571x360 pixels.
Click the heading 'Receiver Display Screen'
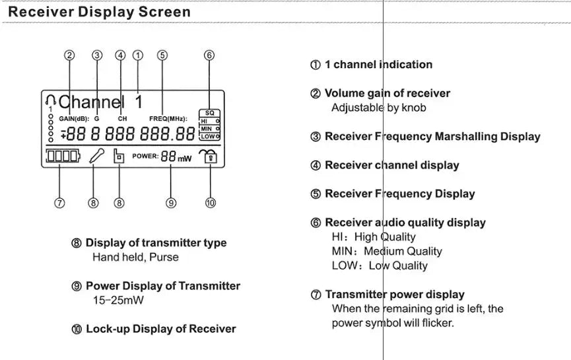click(x=100, y=12)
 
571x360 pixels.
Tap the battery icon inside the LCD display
click(x=61, y=157)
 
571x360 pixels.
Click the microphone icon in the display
click(x=96, y=157)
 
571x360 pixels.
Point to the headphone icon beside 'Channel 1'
click(x=51, y=101)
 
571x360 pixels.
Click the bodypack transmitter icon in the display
click(x=119, y=157)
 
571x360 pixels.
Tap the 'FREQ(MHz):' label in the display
click(x=168, y=119)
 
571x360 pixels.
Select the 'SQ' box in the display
click(x=209, y=113)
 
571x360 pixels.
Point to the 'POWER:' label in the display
click(x=145, y=157)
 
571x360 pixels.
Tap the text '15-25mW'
click(x=118, y=301)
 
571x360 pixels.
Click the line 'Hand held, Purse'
click(x=135, y=257)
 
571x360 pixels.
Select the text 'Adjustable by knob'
click(x=379, y=108)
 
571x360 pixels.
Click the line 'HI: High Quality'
click(x=374, y=237)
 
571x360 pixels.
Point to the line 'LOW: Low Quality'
click(x=379, y=266)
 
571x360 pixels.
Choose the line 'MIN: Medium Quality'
click(x=386, y=252)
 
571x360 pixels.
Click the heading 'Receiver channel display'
click(x=391, y=165)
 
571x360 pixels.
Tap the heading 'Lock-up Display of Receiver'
click(x=160, y=329)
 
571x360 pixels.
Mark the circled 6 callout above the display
click(x=209, y=55)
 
